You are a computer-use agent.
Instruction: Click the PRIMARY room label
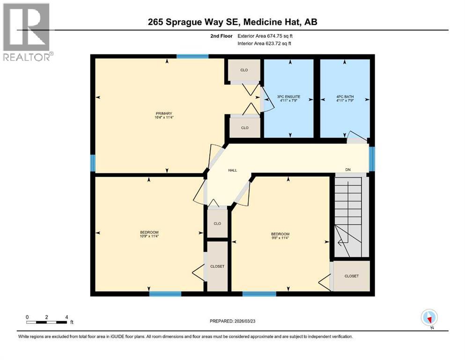tap(164, 113)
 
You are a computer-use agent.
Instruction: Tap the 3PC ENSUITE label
tap(290, 97)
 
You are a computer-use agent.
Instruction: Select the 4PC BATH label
tap(344, 97)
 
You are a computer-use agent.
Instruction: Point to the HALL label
tap(232, 170)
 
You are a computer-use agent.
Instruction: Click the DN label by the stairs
tap(347, 169)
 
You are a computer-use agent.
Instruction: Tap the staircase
tap(348, 216)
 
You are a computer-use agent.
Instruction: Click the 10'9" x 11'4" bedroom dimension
tap(149, 236)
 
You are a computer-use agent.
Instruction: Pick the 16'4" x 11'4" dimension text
tap(164, 118)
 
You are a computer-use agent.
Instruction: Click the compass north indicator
tap(429, 317)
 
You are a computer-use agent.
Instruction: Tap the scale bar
tap(47, 322)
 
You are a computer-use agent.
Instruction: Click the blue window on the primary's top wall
tap(192, 56)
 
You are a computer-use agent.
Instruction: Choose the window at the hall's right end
tap(372, 159)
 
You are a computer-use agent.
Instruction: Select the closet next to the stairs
tap(351, 276)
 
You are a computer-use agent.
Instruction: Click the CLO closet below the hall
tap(217, 224)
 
